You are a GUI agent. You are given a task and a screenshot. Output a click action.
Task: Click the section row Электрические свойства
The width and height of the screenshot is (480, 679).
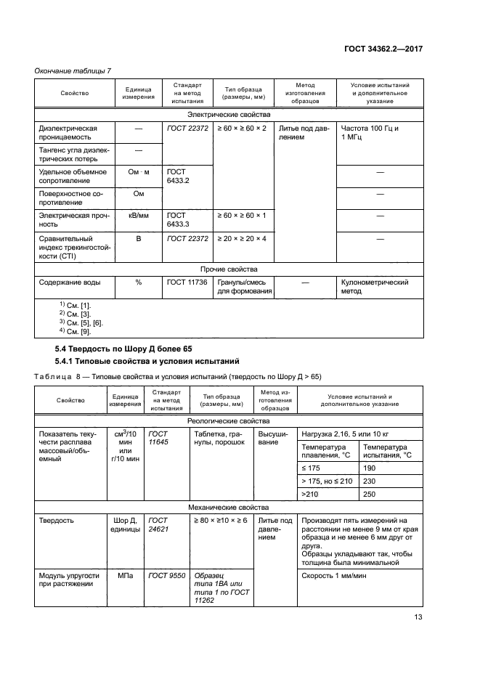229,115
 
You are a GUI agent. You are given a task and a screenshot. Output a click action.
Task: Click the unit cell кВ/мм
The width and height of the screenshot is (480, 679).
138,216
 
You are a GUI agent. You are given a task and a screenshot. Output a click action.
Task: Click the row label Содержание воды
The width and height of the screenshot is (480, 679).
70,282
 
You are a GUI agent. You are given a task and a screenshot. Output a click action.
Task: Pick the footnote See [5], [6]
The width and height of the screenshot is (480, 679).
85,322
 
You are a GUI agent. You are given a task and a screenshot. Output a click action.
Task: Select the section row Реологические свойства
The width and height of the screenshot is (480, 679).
229,420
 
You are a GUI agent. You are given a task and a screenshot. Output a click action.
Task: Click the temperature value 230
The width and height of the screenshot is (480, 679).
371,481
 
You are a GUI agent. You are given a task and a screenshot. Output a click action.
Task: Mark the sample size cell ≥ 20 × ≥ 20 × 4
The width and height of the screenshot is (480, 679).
242,238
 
